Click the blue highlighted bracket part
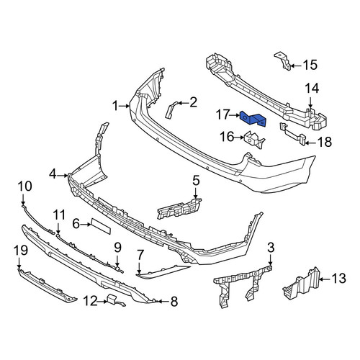pos(253,119)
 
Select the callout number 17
pos(222,114)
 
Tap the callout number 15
pos(310,65)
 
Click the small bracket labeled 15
pos(283,60)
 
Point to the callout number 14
pos(312,88)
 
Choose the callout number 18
pos(325,142)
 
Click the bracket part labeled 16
pos(254,140)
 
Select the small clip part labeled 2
pos(171,110)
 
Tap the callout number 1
pos(116,106)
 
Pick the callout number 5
pos(196,181)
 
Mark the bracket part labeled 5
pos(179,209)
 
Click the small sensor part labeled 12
pos(116,300)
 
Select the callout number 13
pos(338,279)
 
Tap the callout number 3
pos(271,248)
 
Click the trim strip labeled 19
pos(47,286)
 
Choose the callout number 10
pos(24,186)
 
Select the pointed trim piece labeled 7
pos(163,272)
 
